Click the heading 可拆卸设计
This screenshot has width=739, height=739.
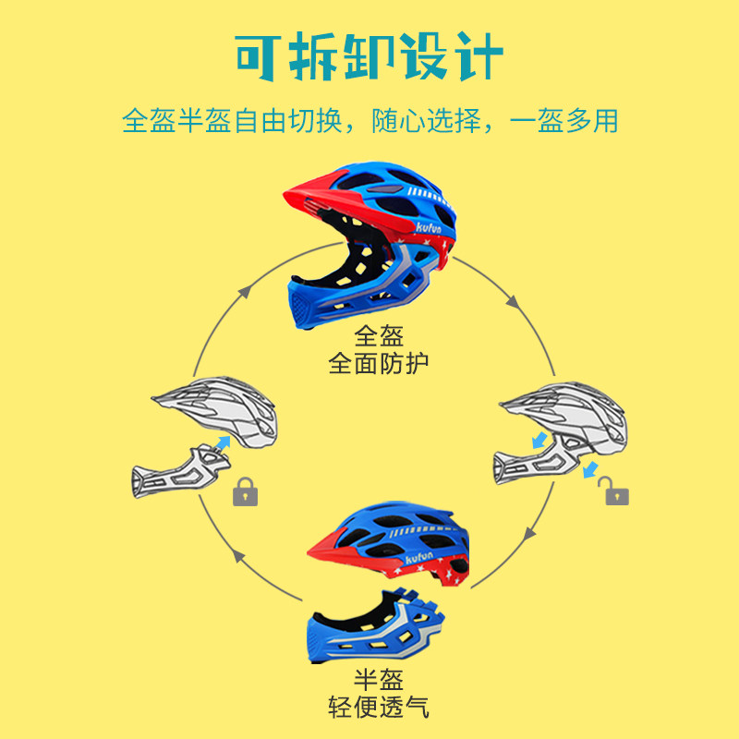point(369,57)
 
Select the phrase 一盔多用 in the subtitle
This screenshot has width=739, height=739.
point(563,121)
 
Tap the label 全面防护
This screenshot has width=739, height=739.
point(379,362)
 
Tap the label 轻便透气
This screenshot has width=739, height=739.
point(379,709)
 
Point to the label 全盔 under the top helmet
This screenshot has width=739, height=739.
point(379,335)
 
